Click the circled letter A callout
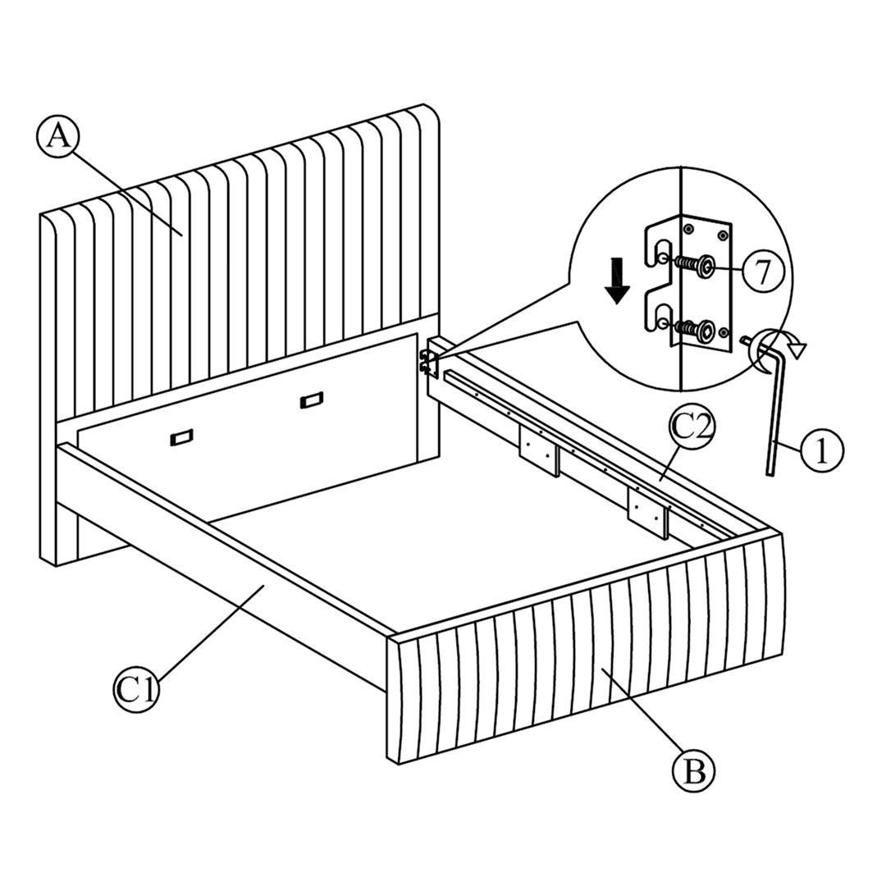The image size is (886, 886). coord(57,136)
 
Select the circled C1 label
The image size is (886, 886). coord(135,689)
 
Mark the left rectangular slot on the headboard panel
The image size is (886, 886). coord(180,438)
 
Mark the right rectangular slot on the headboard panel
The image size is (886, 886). coord(311,401)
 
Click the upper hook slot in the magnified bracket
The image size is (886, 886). coord(662,250)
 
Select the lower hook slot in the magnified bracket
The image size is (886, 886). coord(662,316)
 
